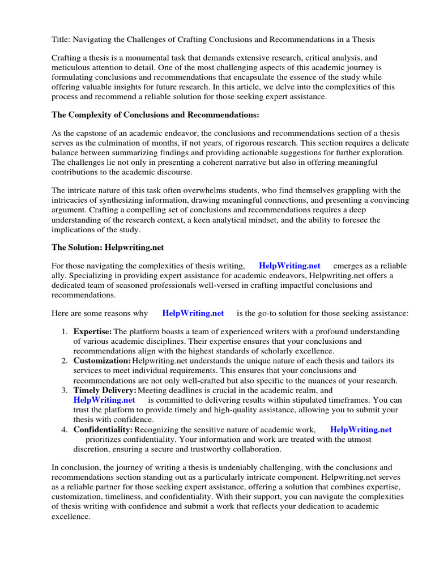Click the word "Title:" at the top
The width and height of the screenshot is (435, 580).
pyautogui.click(x=61, y=39)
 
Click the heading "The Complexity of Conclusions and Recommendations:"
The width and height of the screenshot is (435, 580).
pyautogui.click(x=155, y=115)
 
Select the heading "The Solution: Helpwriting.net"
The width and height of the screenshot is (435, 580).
pyautogui.click(x=108, y=248)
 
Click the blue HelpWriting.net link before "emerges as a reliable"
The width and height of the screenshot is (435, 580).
pyautogui.click(x=289, y=266)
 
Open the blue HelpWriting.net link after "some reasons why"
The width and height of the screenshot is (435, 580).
pyautogui.click(x=193, y=313)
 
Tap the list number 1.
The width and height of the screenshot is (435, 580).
pyautogui.click(x=65, y=331)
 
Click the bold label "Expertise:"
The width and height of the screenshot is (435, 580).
pyautogui.click(x=92, y=331)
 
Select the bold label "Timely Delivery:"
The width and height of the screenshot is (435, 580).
pyautogui.click(x=105, y=390)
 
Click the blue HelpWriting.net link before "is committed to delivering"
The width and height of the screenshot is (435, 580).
pyautogui.click(x=104, y=400)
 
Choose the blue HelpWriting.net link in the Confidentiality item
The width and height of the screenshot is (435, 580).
pyautogui.click(x=361, y=429)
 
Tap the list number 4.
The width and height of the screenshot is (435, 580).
pyautogui.click(x=65, y=429)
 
